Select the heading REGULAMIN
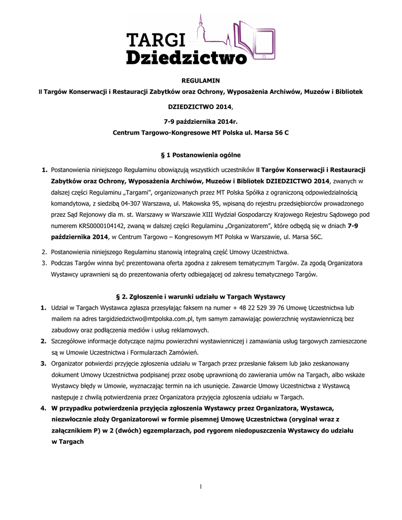point(201,80)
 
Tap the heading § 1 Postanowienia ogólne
point(201,154)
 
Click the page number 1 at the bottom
point(201,487)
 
